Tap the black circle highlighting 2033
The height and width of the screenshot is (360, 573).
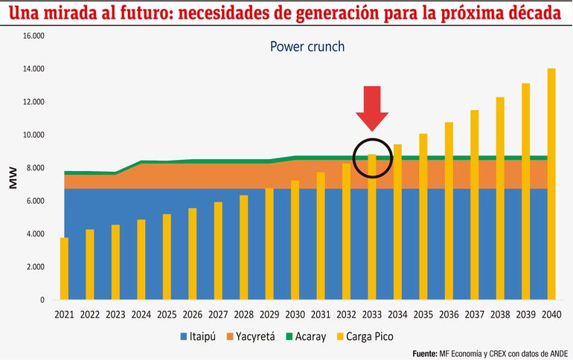tap(371, 157)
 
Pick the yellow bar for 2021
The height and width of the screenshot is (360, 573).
tap(65, 269)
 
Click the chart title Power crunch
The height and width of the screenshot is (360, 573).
tap(307, 46)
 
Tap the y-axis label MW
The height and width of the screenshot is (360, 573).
tap(13, 178)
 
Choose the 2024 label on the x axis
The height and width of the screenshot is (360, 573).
tap(141, 315)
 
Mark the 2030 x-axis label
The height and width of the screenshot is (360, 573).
tap(295, 315)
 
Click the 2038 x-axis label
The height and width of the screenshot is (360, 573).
tap(500, 315)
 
